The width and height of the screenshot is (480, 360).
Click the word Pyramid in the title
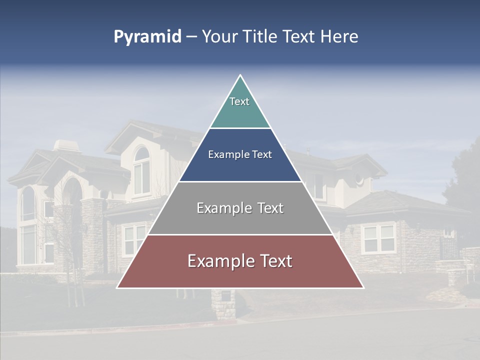147,37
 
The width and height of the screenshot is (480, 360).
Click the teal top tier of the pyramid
240,107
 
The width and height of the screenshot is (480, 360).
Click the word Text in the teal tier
239,101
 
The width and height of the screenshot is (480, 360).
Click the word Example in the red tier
216,261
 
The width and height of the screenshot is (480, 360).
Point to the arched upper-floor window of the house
141,170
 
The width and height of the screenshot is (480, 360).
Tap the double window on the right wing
378,238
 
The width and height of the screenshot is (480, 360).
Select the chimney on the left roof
66,145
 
